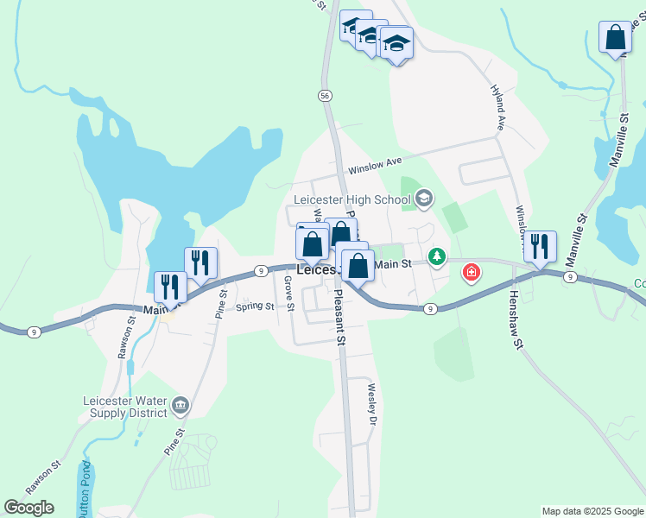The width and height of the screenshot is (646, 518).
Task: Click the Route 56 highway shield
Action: point(325,96)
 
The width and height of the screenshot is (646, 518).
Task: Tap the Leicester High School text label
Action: point(351,200)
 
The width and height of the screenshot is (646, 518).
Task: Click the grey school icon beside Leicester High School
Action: point(423,200)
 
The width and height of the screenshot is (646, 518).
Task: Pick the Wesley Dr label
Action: point(373,404)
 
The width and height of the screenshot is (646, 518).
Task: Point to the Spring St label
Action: point(255,306)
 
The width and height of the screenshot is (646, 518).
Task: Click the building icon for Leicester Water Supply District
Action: point(180,404)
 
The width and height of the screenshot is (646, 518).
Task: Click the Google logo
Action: point(28,508)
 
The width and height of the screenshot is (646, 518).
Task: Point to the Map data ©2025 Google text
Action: point(592,511)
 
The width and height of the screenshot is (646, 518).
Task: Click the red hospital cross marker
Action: point(472,274)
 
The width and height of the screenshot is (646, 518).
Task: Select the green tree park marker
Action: point(438,256)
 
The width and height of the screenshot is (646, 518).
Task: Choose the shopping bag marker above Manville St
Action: point(615,39)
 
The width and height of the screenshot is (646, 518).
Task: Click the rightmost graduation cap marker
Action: point(396,43)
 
